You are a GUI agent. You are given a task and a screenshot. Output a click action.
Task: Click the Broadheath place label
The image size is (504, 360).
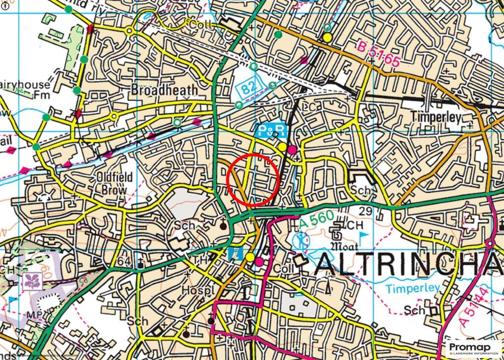click(164, 90)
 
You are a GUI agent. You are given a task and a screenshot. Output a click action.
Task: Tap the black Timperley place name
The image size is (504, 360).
click(436, 117)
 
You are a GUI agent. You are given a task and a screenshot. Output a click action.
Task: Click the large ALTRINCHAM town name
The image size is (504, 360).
click(409, 266)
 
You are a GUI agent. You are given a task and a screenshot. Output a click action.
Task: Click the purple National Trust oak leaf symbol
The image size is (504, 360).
click(32, 281)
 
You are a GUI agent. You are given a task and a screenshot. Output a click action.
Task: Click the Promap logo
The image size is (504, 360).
click(474, 349)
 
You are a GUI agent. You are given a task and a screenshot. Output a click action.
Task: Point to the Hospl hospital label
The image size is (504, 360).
click(195, 290)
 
